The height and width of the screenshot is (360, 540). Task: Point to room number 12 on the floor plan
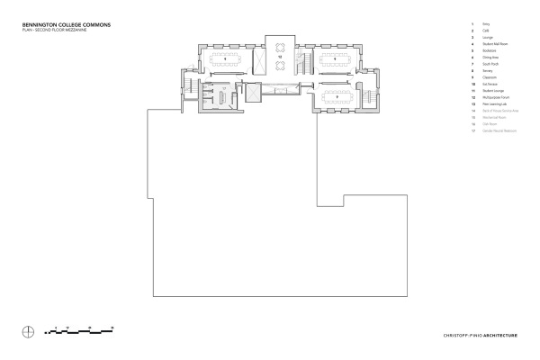(x=280, y=58)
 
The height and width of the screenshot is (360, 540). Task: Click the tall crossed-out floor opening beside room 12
(x=258, y=60)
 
